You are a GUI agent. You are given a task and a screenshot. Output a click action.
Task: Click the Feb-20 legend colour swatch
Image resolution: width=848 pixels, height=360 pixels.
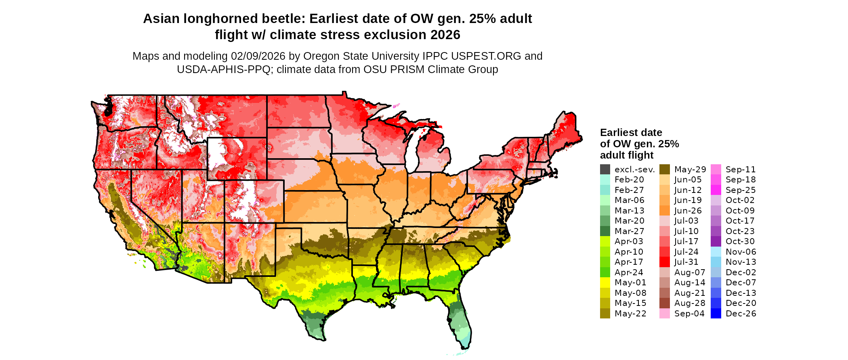[x=605, y=180]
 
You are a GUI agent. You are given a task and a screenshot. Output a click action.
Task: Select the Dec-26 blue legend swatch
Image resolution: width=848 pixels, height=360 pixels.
[x=716, y=314]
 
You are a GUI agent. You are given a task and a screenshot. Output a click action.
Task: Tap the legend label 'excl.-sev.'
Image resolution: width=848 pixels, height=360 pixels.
[x=634, y=170]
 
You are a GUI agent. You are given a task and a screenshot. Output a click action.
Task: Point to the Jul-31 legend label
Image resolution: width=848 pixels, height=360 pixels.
[x=686, y=262]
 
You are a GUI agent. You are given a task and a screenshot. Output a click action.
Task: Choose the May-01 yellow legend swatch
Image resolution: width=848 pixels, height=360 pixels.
[x=605, y=283]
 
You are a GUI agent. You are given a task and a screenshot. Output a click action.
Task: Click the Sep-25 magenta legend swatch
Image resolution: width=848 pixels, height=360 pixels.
[x=716, y=190]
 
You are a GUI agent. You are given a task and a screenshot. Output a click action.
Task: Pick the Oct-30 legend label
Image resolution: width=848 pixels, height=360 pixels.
[x=740, y=241]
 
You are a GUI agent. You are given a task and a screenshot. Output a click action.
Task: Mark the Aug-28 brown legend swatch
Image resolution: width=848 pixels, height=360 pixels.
[x=664, y=303]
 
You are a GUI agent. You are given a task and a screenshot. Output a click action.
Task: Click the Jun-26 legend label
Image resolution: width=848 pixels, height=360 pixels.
[x=688, y=211]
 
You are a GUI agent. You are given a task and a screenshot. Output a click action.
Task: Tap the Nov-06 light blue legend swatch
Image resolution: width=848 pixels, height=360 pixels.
[x=716, y=252]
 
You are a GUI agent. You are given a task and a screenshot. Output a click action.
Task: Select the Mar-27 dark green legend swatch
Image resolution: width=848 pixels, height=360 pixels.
[x=605, y=231]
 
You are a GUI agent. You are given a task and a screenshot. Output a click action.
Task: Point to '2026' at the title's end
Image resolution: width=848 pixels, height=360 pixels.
[x=445, y=35]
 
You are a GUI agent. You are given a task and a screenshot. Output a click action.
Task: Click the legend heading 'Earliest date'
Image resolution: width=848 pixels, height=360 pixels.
[x=631, y=132]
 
